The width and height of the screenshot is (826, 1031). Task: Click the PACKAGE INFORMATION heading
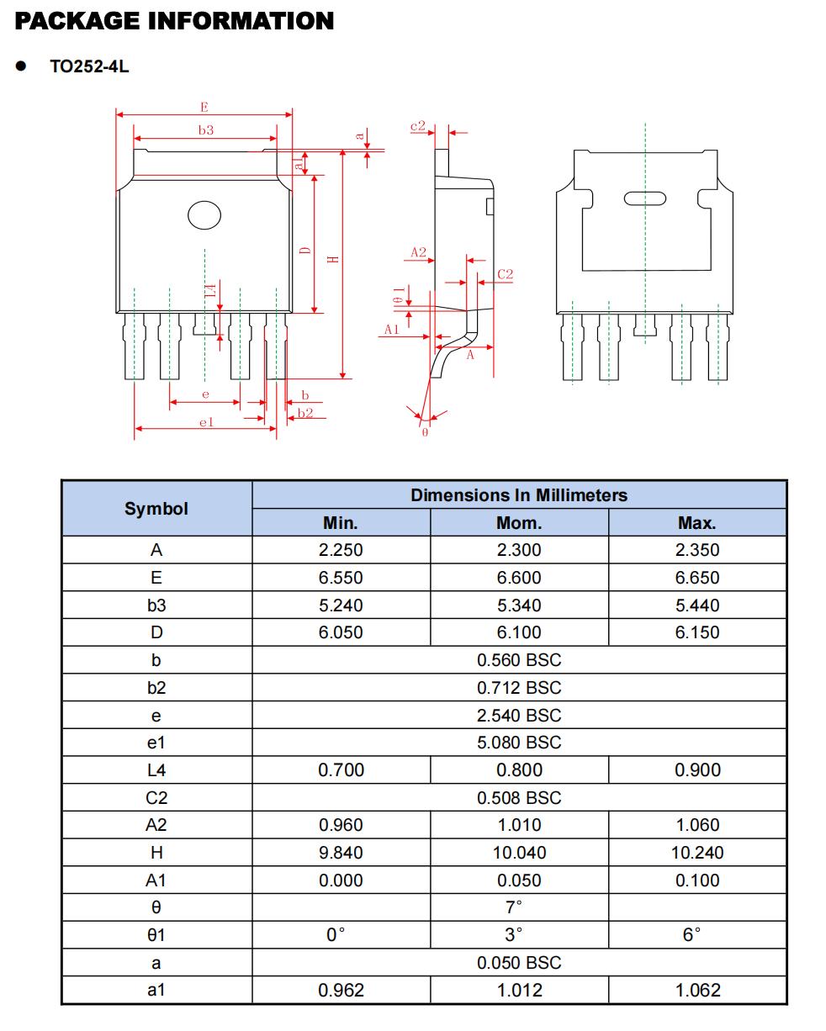pyautogui.click(x=174, y=21)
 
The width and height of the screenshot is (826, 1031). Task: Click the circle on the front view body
pyautogui.click(x=204, y=215)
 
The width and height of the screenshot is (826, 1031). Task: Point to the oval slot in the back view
pyautogui.click(x=645, y=198)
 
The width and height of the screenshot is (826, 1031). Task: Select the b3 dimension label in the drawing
pyautogui.click(x=205, y=130)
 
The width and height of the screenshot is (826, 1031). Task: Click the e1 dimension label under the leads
pyautogui.click(x=205, y=422)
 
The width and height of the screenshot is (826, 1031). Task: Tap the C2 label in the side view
pyautogui.click(x=505, y=274)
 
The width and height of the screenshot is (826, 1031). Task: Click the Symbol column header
pyautogui.click(x=156, y=509)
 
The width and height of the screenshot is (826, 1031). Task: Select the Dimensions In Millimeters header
pyautogui.click(x=519, y=495)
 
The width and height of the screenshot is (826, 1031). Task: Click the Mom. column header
pyautogui.click(x=519, y=523)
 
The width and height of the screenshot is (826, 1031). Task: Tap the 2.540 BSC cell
pyautogui.click(x=519, y=716)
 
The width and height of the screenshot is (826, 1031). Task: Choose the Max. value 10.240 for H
pyautogui.click(x=696, y=853)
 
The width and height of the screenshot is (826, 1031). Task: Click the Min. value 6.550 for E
pyautogui.click(x=341, y=578)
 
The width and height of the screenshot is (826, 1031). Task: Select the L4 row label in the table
pyautogui.click(x=156, y=770)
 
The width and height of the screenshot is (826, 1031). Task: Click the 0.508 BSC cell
pyautogui.click(x=519, y=798)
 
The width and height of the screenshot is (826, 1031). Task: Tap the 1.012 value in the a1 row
pyautogui.click(x=519, y=991)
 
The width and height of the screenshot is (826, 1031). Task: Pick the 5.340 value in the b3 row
pyautogui.click(x=519, y=605)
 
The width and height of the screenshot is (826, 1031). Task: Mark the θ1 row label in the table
pyautogui.click(x=156, y=935)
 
